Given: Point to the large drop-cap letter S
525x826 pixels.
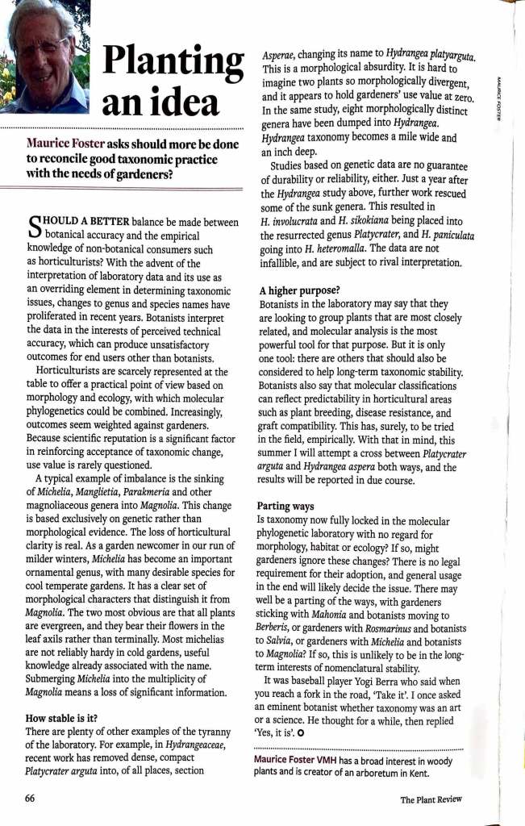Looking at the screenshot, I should coord(34,224).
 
